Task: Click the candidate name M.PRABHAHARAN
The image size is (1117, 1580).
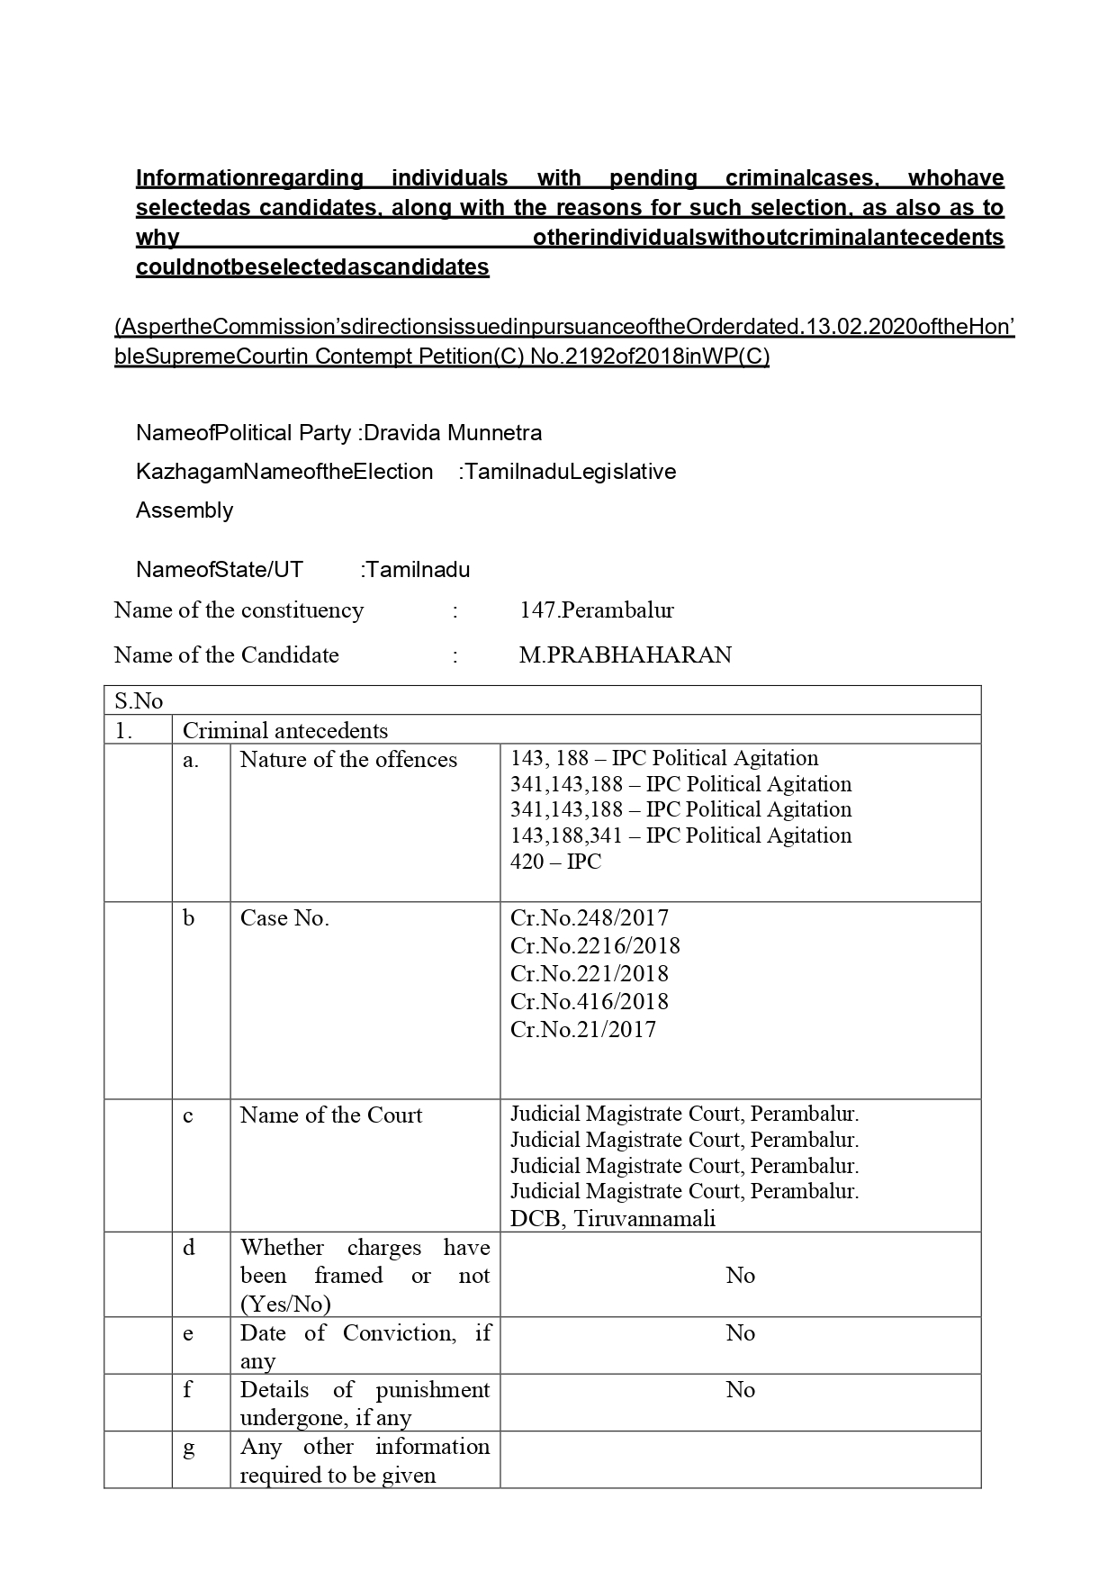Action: coord(625,655)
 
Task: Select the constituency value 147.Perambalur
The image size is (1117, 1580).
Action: coord(596,609)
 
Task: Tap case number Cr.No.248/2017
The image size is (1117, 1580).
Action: coord(589,917)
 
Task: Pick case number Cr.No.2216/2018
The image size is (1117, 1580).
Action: coord(595,945)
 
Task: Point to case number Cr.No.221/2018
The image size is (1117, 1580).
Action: coord(589,973)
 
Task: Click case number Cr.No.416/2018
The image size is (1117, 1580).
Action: coord(589,1001)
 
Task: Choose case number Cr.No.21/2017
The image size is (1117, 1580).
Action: coord(582,1029)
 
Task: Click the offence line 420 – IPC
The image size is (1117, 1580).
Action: coord(555,862)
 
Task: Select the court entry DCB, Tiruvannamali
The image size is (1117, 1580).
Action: coord(613,1218)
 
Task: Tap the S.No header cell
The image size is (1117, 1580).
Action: coord(139,700)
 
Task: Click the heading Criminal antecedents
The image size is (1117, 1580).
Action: coord(285,730)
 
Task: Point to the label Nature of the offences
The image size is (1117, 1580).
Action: coord(348,759)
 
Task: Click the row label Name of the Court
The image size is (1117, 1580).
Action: coord(330,1115)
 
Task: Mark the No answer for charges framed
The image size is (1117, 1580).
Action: coord(740,1275)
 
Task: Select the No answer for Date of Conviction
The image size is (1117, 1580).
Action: coord(740,1332)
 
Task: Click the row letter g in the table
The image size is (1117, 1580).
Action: coord(188,1449)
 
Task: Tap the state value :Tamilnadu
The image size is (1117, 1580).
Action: coord(415,570)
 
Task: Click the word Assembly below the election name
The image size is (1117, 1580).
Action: coord(185,510)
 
